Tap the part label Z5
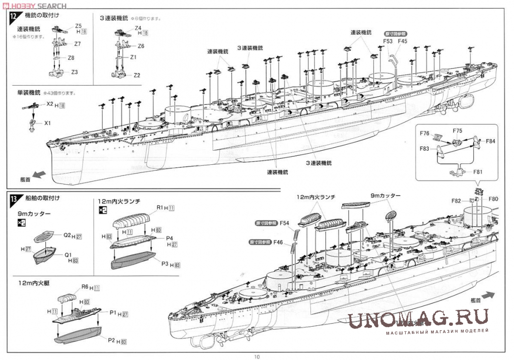pyautogui.click(x=78, y=26)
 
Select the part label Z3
pyautogui.click(x=75, y=72)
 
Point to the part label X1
pyautogui.click(x=47, y=123)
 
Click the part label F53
pyautogui.click(x=388, y=41)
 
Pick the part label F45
pyautogui.click(x=402, y=41)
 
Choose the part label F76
pyautogui.click(x=424, y=134)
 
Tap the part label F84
pyautogui.click(x=491, y=141)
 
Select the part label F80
pyautogui.click(x=493, y=199)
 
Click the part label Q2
pyautogui.click(x=68, y=235)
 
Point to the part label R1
pyautogui.click(x=160, y=207)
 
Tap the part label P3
pyautogui.click(x=165, y=263)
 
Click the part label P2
pyautogui.click(x=111, y=340)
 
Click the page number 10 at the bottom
pyautogui.click(x=256, y=356)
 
